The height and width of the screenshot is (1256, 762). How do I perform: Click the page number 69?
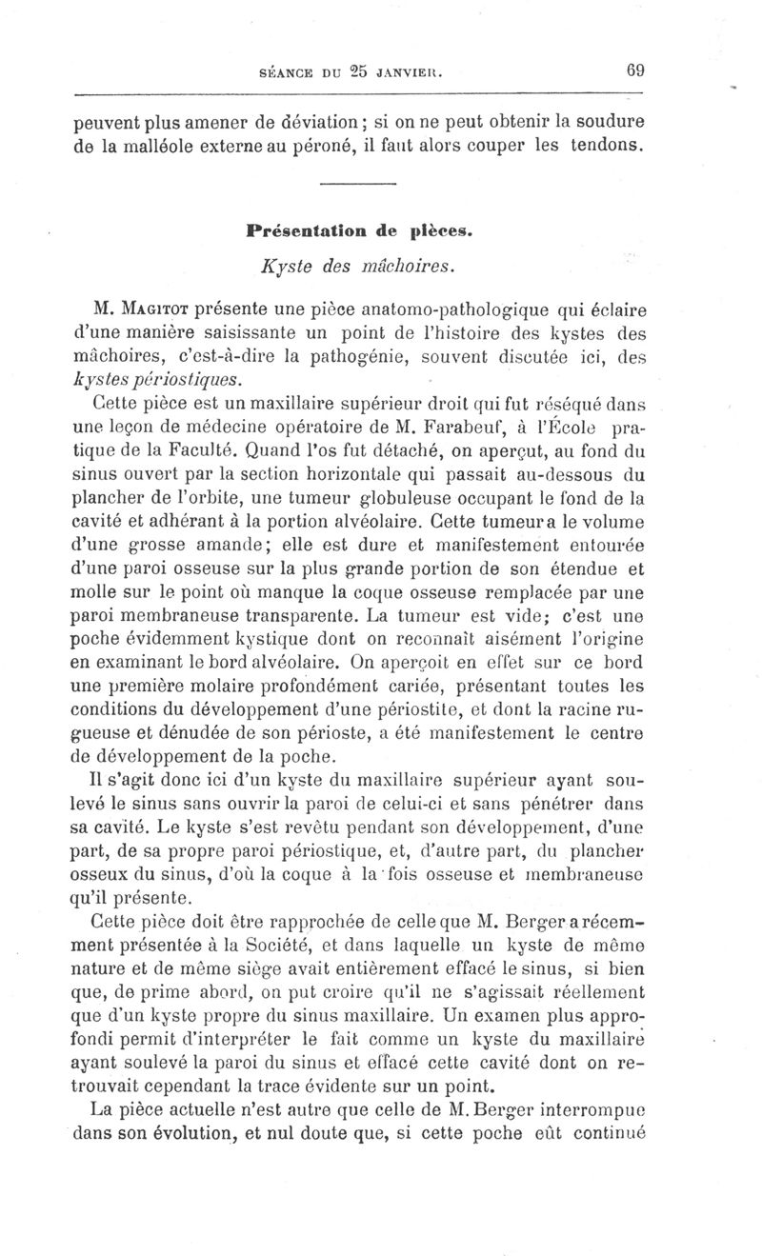pyautogui.click(x=637, y=70)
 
